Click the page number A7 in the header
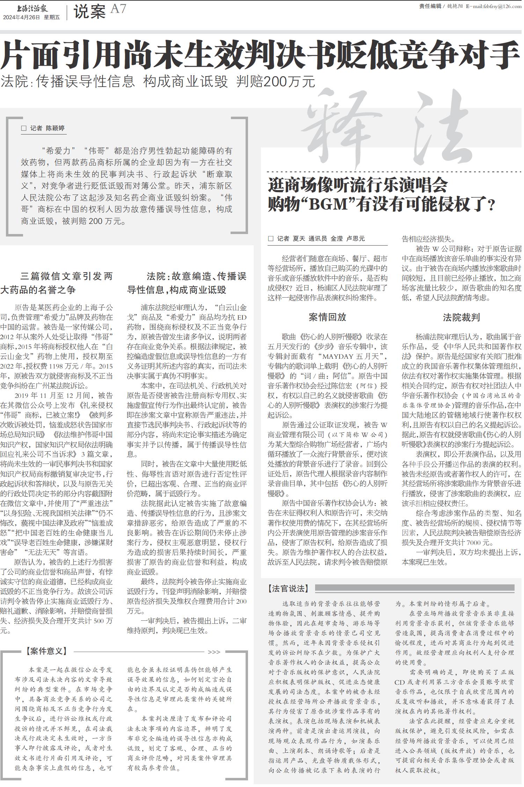click(x=118, y=9)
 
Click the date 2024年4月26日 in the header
click(x=22, y=17)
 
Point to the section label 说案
click(x=89, y=12)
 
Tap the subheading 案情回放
click(x=327, y=317)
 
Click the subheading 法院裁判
click(x=461, y=317)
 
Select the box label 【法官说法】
click(x=288, y=589)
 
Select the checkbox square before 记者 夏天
click(x=270, y=239)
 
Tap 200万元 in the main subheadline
click(x=276, y=82)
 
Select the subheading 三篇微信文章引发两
click(x=66, y=276)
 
